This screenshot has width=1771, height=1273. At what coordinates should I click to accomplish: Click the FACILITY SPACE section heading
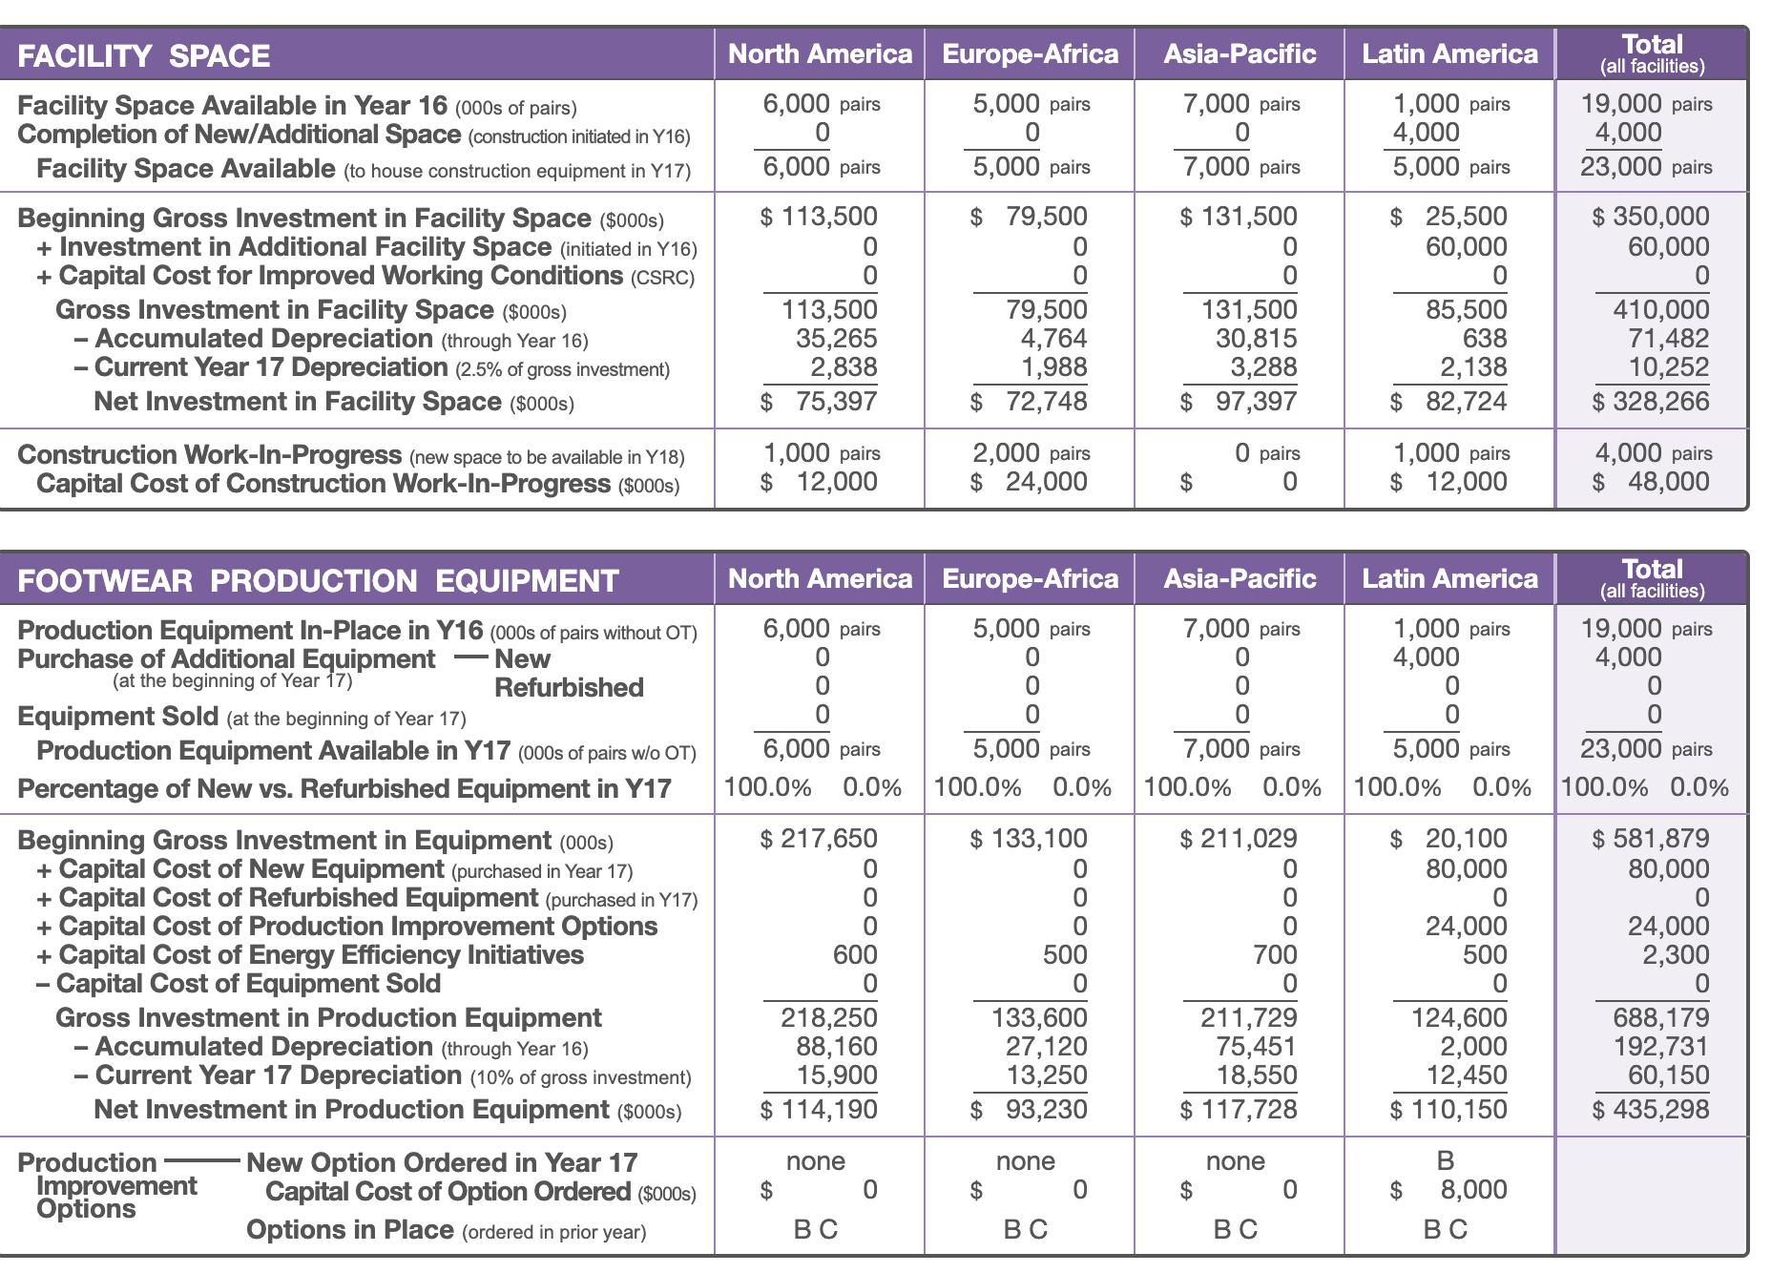(144, 56)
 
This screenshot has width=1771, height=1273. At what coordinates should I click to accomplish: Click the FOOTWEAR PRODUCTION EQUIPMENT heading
(319, 581)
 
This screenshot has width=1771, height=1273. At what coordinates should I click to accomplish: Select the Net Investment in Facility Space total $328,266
(1651, 402)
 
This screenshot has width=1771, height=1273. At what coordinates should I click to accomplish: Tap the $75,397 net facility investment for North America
(819, 402)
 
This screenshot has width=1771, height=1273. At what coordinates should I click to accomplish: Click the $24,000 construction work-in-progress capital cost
(1029, 482)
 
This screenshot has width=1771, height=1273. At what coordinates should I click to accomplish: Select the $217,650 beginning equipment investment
(819, 839)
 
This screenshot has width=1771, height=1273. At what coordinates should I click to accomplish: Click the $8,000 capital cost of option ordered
(1448, 1190)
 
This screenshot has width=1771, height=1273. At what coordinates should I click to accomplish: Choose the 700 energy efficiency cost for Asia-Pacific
(1275, 955)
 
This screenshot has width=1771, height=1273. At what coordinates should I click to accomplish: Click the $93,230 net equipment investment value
(1029, 1110)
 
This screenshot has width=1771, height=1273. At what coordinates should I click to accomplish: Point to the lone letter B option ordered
(1446, 1160)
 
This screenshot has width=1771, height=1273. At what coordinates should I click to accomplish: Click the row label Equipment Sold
(118, 716)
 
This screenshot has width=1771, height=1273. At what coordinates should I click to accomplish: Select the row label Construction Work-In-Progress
(210, 455)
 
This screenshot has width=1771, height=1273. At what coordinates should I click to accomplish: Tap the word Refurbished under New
(569, 687)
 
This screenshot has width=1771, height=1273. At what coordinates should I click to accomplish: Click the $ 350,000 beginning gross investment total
(1651, 217)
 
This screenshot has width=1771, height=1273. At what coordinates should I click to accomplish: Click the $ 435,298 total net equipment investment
(1651, 1110)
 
